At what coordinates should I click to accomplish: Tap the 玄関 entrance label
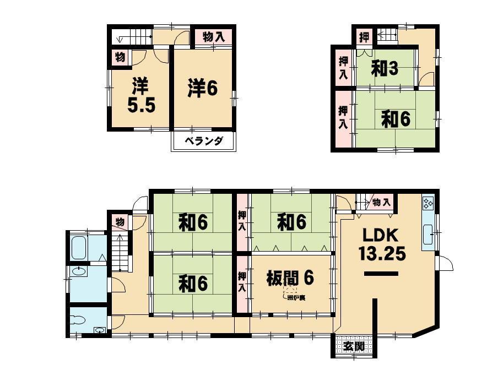click(x=354, y=346)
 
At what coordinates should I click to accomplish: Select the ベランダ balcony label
click(x=204, y=141)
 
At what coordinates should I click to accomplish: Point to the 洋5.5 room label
click(x=140, y=96)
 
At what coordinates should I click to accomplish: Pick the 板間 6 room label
click(x=290, y=277)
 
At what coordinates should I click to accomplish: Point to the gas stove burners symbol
click(x=428, y=204)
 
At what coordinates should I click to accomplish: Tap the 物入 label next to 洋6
click(x=213, y=37)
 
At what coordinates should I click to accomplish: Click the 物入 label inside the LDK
click(x=381, y=202)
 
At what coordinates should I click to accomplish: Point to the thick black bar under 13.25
click(x=381, y=274)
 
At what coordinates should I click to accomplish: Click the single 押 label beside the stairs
click(x=364, y=38)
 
